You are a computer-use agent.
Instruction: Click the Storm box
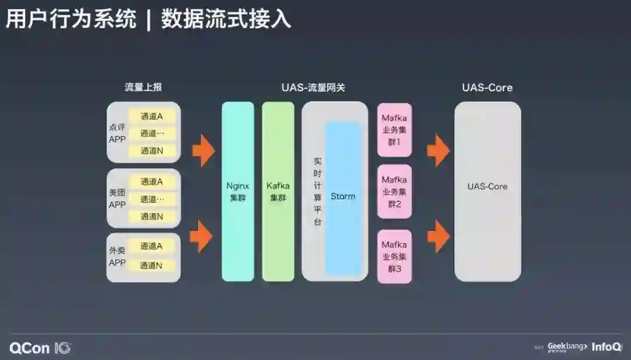pyautogui.click(x=343, y=197)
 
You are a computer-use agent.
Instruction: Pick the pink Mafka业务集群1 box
pyautogui.click(x=394, y=130)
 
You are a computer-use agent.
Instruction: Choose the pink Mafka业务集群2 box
pyautogui.click(x=394, y=192)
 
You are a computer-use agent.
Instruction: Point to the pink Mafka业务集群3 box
pyautogui.click(x=394, y=257)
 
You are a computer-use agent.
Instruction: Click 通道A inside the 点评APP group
pyautogui.click(x=152, y=116)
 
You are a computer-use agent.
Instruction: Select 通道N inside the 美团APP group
pyautogui.click(x=152, y=216)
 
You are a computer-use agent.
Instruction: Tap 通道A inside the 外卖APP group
pyautogui.click(x=152, y=246)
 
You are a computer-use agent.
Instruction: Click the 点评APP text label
pyautogui.click(x=117, y=133)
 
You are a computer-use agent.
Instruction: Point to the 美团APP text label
pyautogui.click(x=117, y=199)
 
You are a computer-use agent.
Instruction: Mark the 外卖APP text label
pyautogui.click(x=117, y=257)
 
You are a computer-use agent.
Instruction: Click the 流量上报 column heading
pyautogui.click(x=143, y=88)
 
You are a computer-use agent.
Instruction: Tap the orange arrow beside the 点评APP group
pyautogui.click(x=203, y=150)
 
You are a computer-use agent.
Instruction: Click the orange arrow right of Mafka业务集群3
pyautogui.click(x=438, y=236)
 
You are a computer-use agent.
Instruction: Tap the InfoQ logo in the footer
pyautogui.click(x=606, y=347)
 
